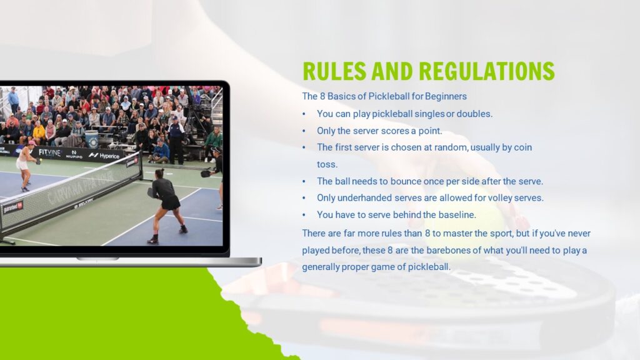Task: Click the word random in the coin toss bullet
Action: [x=451, y=147]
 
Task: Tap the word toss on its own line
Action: [x=327, y=164]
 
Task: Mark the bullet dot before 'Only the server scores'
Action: [x=304, y=131]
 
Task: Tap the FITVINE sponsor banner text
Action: [x=49, y=152]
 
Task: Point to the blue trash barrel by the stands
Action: [x=91, y=139]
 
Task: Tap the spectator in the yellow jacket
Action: [x=39, y=132]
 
